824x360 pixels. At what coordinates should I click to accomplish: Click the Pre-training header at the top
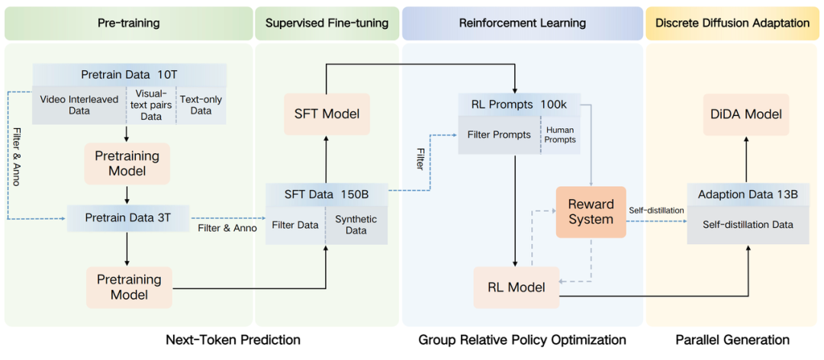[x=128, y=23]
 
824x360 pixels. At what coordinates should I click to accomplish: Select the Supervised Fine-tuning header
[x=327, y=23]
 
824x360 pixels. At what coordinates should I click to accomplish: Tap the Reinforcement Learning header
[x=522, y=23]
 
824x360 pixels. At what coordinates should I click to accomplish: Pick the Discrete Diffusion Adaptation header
[x=732, y=23]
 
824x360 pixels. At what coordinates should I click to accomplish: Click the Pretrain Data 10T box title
[x=129, y=75]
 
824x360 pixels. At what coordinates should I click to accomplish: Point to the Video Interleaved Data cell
[x=79, y=105]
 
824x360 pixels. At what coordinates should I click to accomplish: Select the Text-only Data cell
[x=201, y=105]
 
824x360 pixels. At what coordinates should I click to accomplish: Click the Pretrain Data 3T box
[x=127, y=218]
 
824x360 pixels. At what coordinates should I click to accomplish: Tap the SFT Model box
[x=327, y=114]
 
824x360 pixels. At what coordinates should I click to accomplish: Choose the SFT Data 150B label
[x=327, y=194]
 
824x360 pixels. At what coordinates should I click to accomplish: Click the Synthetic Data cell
[x=356, y=225]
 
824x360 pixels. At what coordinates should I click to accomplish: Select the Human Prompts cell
[x=559, y=135]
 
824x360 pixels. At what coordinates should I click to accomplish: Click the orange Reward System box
[x=591, y=212]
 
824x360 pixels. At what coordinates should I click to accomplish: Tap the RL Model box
[x=517, y=288]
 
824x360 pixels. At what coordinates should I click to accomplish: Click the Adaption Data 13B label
[x=748, y=194]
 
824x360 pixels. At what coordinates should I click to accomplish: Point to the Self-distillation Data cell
[x=748, y=225]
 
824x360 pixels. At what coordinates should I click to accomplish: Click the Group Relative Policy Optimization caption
[x=522, y=339]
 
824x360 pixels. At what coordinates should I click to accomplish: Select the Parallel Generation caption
[x=732, y=339]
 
